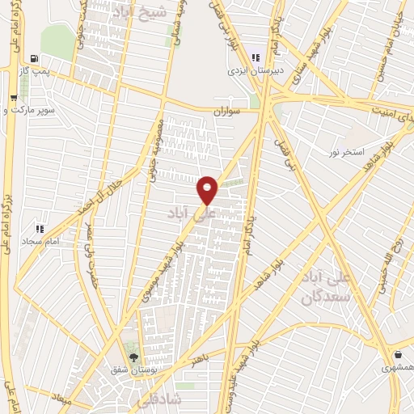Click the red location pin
[208, 189]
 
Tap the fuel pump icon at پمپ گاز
[32, 58]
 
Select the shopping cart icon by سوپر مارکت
[14, 99]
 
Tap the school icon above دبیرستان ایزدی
[256, 57]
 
